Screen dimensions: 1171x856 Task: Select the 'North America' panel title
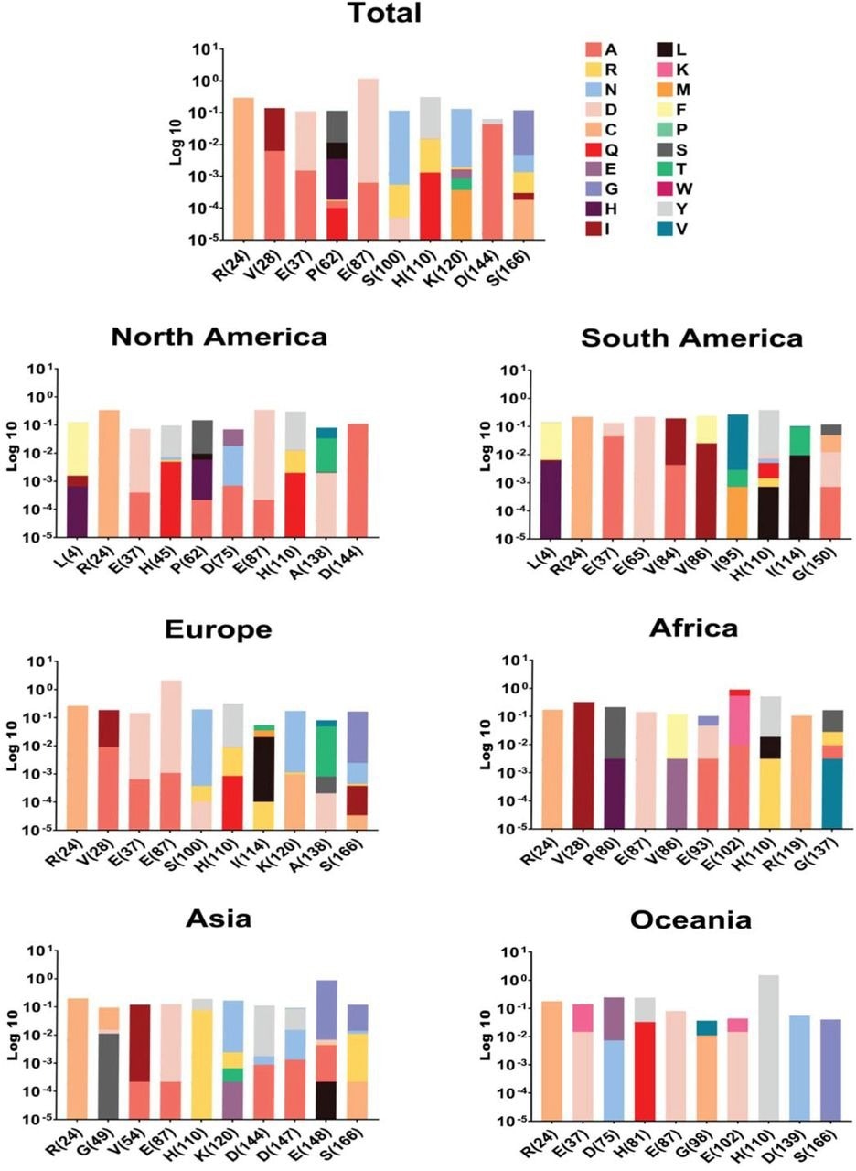(x=219, y=337)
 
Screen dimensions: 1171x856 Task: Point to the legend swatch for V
(x=647, y=230)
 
